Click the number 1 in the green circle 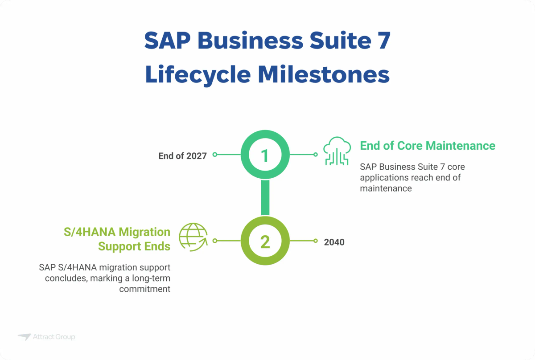(x=265, y=155)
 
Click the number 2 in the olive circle (x=265, y=242)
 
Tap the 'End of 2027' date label (x=182, y=156)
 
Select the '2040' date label (x=334, y=242)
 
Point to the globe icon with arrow (x=193, y=237)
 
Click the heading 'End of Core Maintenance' (x=428, y=146)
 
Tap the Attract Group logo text (x=54, y=337)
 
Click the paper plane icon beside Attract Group (x=24, y=337)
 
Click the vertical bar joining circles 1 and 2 (x=265, y=198)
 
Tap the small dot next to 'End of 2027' (x=214, y=155)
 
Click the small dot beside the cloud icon (x=315, y=155)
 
